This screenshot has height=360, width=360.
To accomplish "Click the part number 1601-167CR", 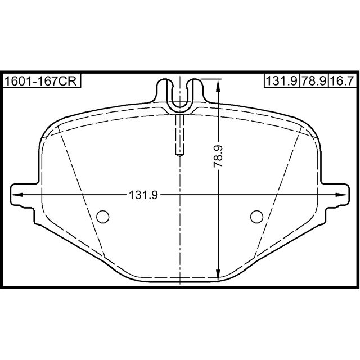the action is tap(40, 81).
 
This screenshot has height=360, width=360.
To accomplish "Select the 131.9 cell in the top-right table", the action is tap(282, 81).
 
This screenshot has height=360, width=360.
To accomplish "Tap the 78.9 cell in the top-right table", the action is tap(314, 81).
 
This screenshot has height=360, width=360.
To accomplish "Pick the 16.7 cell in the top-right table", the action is tap(342, 81).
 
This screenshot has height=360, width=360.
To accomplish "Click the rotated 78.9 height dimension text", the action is tap(218, 156).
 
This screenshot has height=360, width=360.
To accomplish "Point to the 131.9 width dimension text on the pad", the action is tap(143, 195).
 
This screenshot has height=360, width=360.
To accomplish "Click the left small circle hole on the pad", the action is tap(102, 217).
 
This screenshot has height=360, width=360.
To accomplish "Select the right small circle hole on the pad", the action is tap(256, 217).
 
